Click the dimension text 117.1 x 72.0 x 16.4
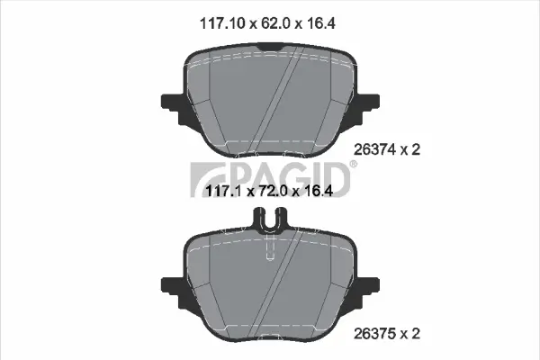pyautogui.click(x=270, y=191)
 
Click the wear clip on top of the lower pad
pyautogui.click(x=270, y=219)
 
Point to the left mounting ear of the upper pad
pyautogui.click(x=171, y=101)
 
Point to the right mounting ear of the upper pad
pyautogui.click(x=370, y=101)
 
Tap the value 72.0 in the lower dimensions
pyautogui.click(x=269, y=191)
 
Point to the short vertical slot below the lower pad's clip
pyautogui.click(x=270, y=252)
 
